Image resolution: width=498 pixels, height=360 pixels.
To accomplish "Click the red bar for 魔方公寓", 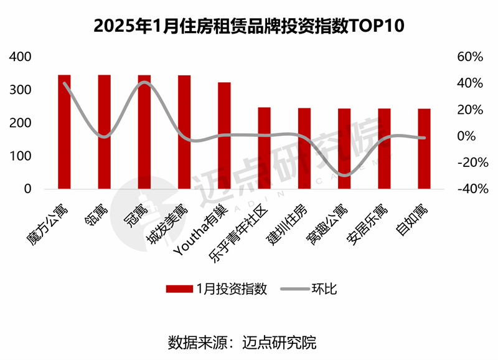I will pyautogui.click(x=64, y=131).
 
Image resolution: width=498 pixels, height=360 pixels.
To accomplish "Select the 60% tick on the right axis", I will pyautogui.click(x=470, y=57).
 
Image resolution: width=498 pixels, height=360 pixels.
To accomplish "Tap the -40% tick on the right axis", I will pyautogui.click(x=468, y=189).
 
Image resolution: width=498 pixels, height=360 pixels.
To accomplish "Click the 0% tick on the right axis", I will pyautogui.click(x=473, y=136).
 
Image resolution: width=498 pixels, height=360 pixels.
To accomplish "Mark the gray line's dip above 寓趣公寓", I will pyautogui.click(x=344, y=175).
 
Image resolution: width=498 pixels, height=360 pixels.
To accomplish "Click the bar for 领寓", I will pyautogui.click(x=104, y=131).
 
